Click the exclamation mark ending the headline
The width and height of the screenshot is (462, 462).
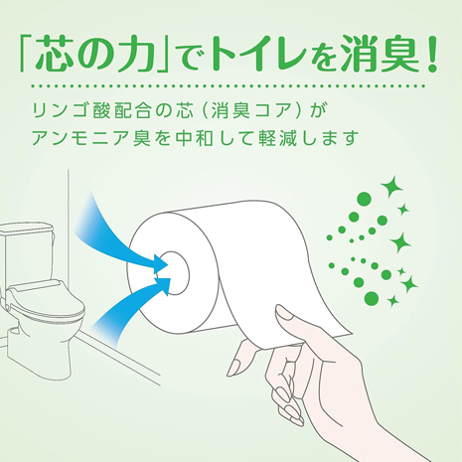(431, 54)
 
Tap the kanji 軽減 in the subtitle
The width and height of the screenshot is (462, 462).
(276, 138)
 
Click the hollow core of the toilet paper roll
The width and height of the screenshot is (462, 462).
(176, 273)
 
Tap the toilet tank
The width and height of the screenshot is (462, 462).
(26, 251)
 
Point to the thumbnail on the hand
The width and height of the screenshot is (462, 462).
(285, 313)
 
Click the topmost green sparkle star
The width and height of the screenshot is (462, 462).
(391, 187)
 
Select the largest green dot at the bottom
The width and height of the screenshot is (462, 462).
(371, 298)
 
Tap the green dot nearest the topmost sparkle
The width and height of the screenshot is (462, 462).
(365, 199)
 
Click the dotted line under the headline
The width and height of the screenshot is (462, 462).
(228, 86)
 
